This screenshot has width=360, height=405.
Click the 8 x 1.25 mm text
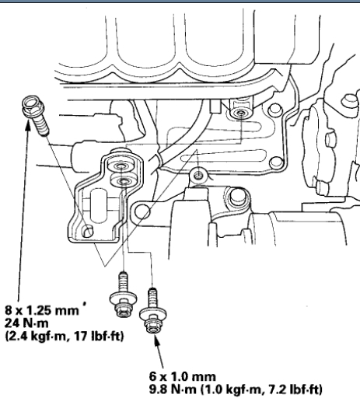(x=42, y=310)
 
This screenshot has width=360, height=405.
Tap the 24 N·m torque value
(x=26, y=323)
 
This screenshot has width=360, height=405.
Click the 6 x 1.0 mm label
(x=182, y=376)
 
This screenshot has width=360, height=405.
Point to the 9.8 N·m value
(x=173, y=389)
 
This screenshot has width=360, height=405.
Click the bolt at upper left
(x=35, y=115)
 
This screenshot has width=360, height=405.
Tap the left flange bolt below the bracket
(x=123, y=294)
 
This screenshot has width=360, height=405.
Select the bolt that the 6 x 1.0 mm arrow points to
(x=153, y=310)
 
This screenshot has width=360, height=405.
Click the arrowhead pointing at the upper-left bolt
(x=28, y=124)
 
